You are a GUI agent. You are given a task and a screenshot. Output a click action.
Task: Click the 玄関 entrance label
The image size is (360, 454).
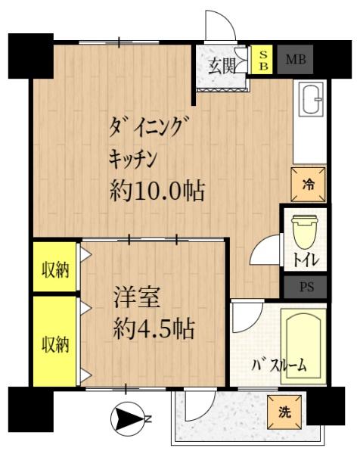222,64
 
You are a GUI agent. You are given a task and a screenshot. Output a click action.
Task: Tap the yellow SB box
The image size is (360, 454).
263,59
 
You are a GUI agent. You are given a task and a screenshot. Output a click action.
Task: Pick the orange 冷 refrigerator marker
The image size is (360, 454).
309,184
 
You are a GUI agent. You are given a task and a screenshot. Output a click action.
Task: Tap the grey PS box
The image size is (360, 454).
306,288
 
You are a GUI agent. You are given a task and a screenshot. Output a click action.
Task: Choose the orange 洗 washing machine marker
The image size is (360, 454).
284,413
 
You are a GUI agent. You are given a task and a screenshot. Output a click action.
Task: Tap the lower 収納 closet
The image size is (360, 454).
54,344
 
